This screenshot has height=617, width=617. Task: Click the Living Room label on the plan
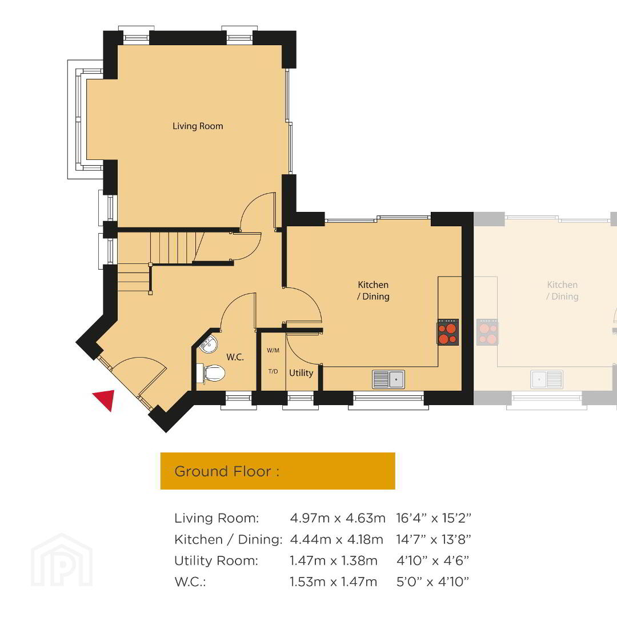tap(198, 126)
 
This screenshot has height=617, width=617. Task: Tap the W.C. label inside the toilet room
tap(235, 357)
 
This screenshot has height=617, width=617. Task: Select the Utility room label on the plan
tap(301, 372)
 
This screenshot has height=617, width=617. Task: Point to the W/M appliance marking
tap(273, 350)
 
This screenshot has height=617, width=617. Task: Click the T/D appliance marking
tap(273, 371)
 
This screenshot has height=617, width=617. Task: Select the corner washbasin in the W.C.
tap(209, 344)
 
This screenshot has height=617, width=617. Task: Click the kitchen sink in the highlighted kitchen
tap(388, 379)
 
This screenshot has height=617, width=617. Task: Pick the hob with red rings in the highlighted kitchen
tap(448, 332)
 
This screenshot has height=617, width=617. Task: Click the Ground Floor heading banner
tap(278, 471)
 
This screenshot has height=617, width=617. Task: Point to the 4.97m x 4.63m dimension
tap(338, 518)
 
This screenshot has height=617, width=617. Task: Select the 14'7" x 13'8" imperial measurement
tap(433, 539)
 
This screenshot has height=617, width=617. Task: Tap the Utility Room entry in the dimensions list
tap(216, 560)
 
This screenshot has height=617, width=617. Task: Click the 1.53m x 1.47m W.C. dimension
tap(333, 582)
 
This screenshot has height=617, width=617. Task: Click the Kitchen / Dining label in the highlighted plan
tap(373, 290)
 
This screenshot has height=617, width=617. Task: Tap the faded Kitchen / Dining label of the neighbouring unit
tap(562, 290)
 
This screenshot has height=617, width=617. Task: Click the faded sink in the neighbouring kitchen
tap(547, 379)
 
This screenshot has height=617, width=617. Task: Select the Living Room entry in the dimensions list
tap(217, 518)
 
